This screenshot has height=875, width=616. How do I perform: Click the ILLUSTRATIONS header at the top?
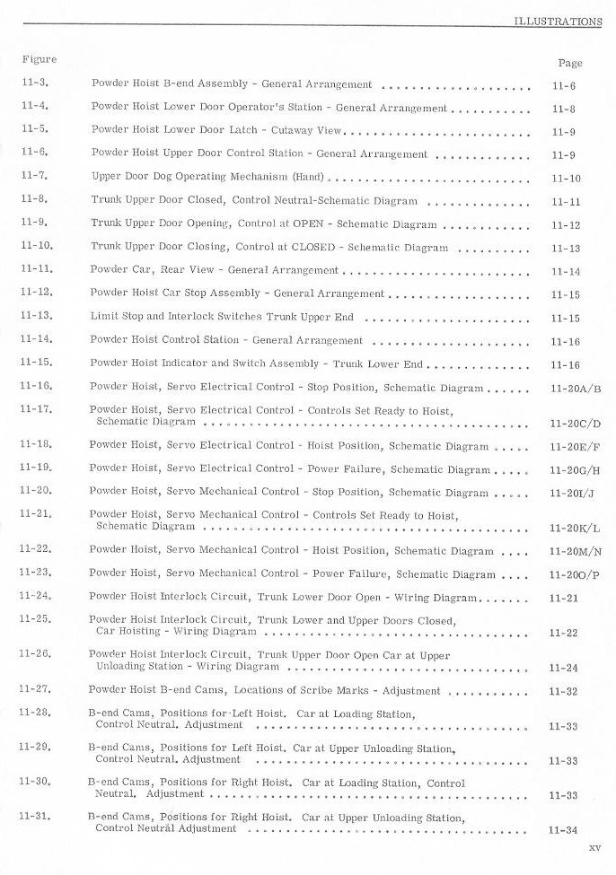[x=557, y=22]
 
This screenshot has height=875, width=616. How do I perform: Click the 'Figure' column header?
[x=39, y=60]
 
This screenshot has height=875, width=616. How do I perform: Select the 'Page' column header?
[x=569, y=64]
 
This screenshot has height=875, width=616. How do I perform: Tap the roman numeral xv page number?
[x=594, y=847]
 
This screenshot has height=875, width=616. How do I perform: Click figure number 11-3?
[x=35, y=83]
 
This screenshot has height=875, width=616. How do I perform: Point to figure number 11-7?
[x=35, y=177]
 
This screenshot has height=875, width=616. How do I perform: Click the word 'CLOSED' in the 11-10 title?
[x=321, y=247]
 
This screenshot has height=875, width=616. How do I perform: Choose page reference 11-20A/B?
[x=575, y=390]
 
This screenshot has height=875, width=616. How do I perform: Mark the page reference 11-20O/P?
[x=575, y=576]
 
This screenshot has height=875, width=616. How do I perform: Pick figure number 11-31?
[x=37, y=818]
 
